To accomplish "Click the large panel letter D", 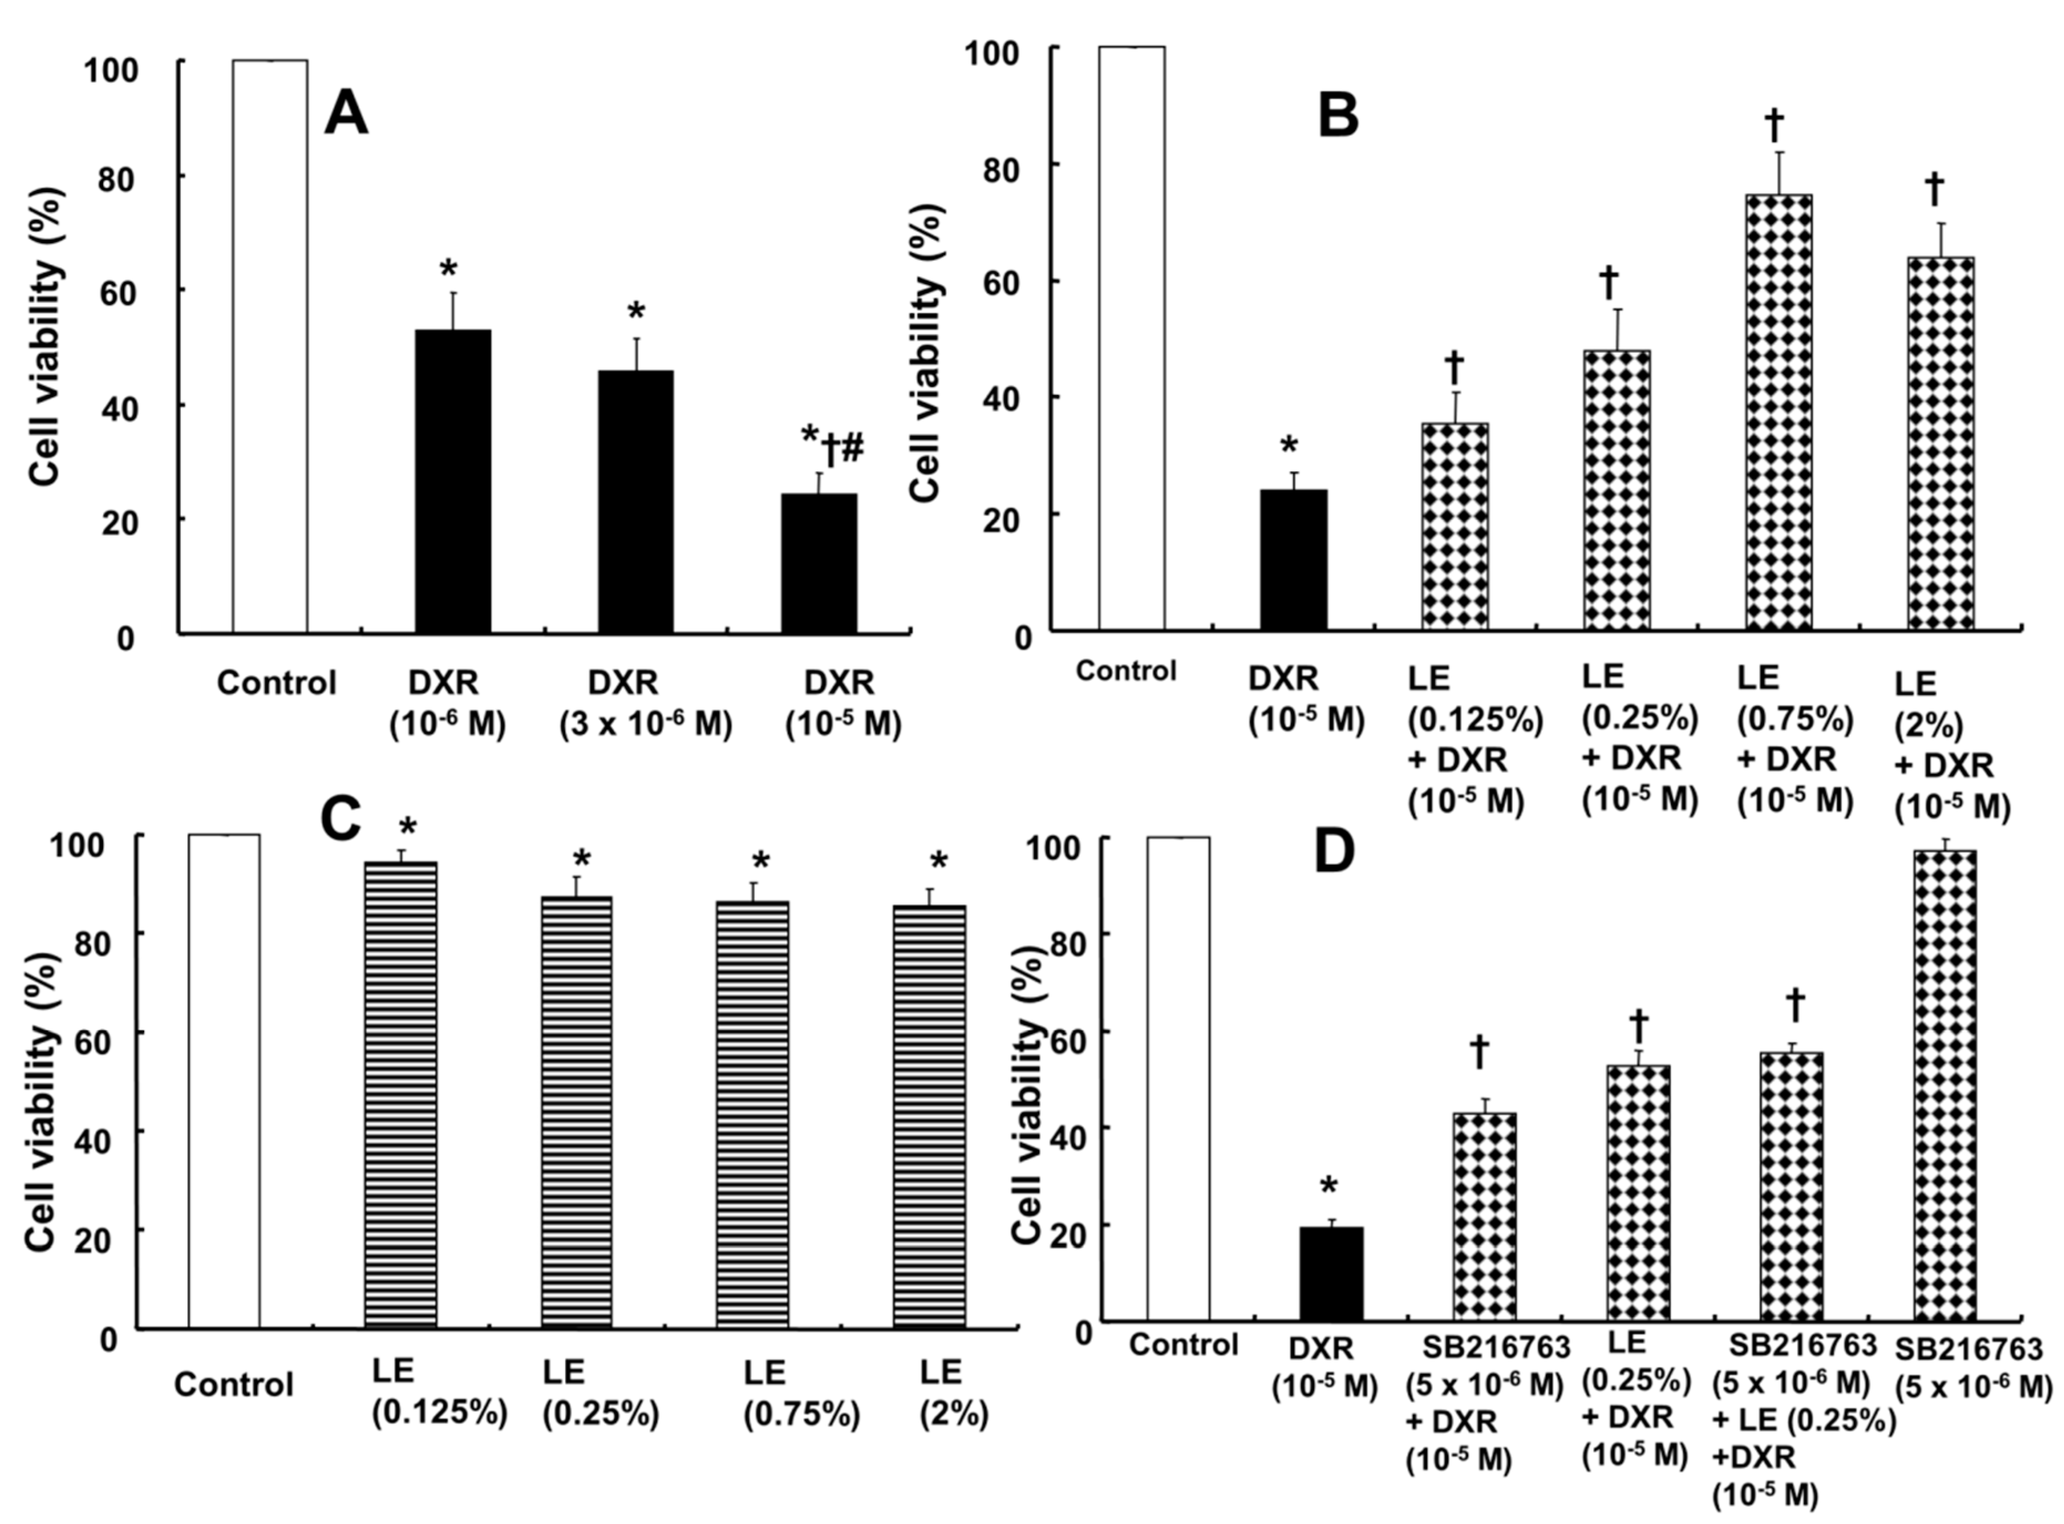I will click(x=1334, y=853).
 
